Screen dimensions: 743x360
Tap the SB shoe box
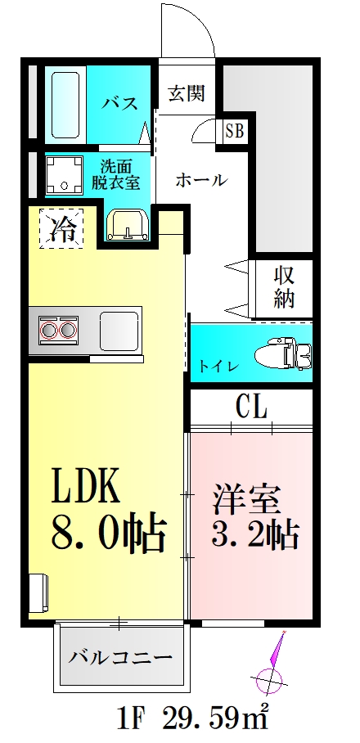[x=233, y=129]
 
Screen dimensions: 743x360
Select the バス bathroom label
[x=119, y=103]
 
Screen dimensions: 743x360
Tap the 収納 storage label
[x=283, y=286]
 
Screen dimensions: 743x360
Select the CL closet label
[x=253, y=407]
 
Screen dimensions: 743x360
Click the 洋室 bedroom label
[x=248, y=498]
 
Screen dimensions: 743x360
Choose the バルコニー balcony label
[x=120, y=656]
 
